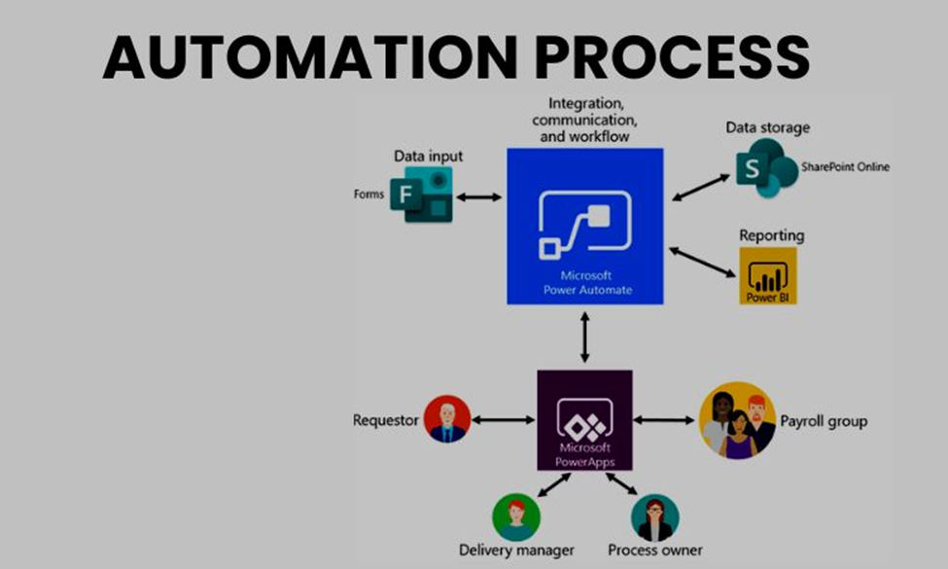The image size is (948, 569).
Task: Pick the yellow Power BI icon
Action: point(767,275)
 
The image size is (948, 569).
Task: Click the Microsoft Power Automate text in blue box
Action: point(584,282)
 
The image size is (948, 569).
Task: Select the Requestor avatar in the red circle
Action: point(447,420)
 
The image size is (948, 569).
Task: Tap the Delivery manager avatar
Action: point(515,516)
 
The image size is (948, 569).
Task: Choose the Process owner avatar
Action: point(654,516)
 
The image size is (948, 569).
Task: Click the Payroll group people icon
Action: point(737,420)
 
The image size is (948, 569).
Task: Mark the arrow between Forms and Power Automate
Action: point(478,197)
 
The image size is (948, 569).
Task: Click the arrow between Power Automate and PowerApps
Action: point(584,338)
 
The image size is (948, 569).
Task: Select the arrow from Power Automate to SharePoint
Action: point(700,188)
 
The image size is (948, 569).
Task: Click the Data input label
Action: point(428,156)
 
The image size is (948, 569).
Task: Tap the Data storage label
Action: point(767,127)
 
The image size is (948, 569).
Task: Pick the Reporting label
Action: point(771,235)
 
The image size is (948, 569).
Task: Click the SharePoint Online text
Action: point(845,167)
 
